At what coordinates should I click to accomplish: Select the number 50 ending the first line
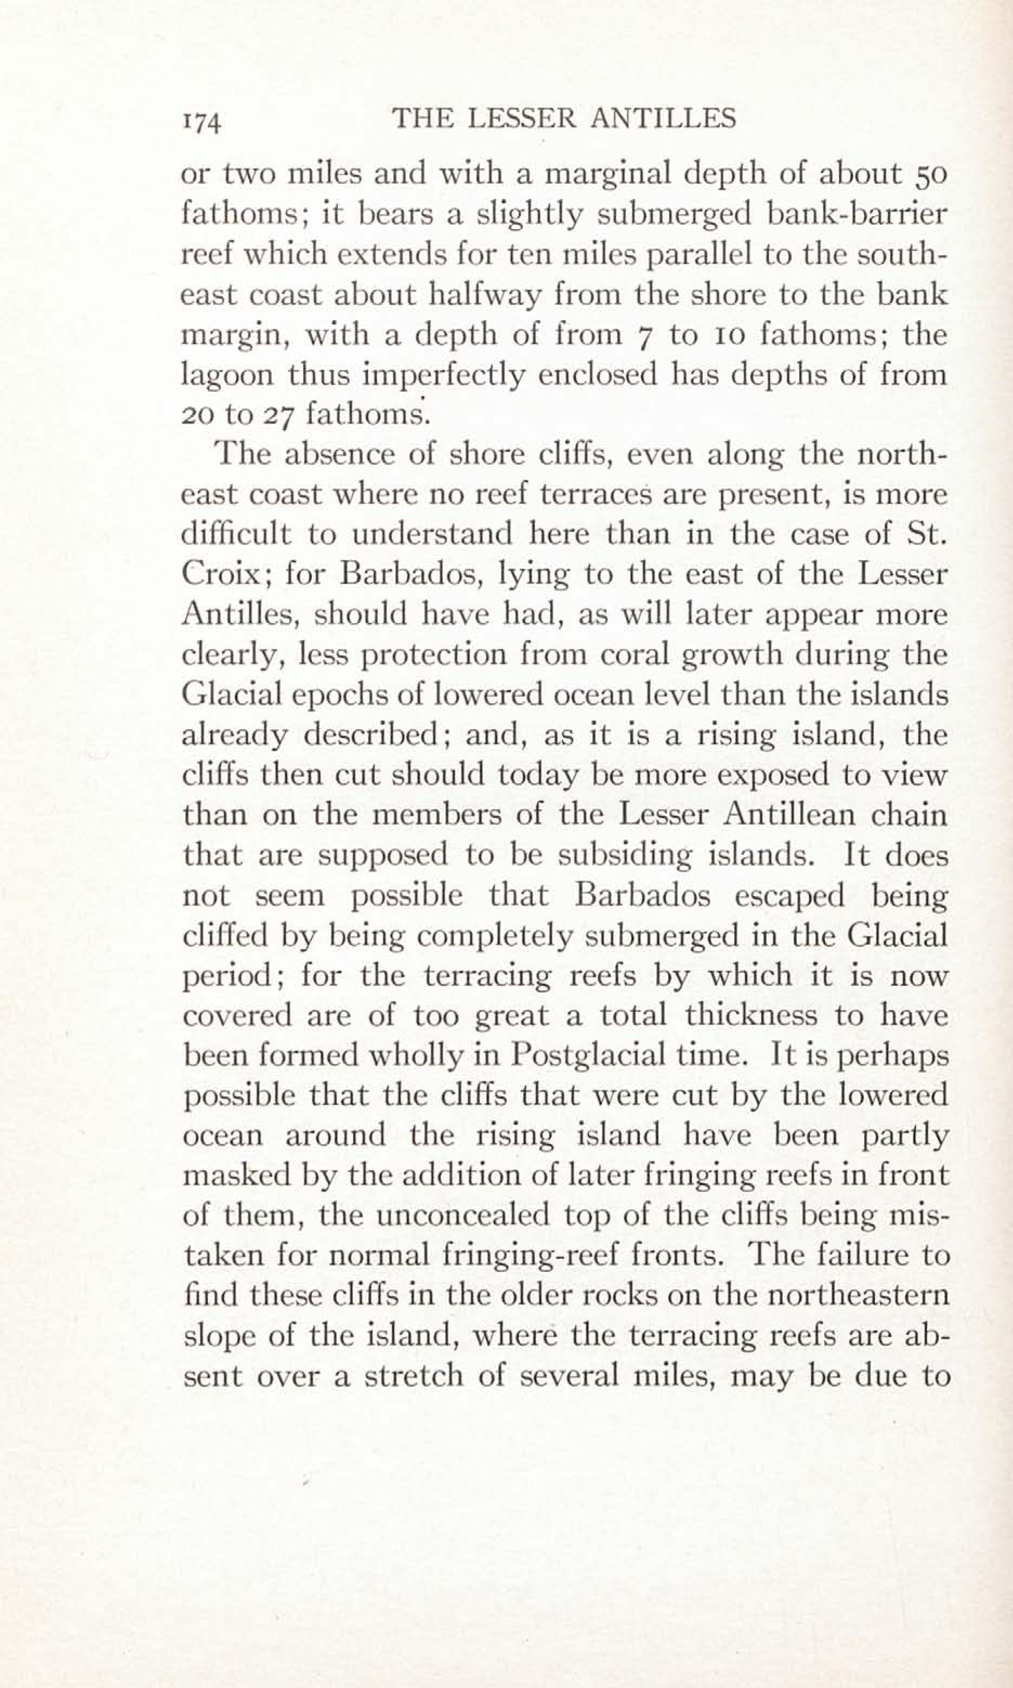click(927, 176)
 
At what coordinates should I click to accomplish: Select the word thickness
click(751, 1015)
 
